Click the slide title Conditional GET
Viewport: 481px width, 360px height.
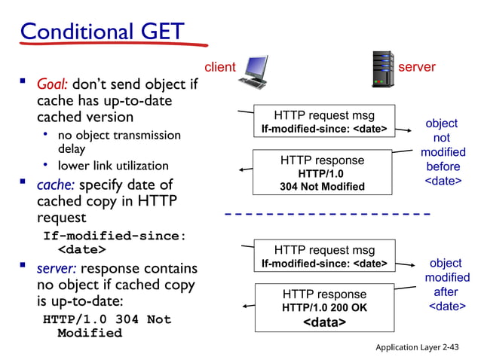102,32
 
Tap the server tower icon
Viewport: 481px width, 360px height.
383,69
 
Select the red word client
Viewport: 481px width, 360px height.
220,67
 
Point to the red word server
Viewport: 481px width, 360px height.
417,67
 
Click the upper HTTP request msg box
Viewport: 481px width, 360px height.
323,122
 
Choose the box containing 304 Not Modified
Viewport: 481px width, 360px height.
322,172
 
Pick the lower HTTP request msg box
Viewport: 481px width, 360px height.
323,256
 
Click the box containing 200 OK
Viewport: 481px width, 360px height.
324,307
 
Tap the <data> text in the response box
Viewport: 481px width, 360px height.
324,322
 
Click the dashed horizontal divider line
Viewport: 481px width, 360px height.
327,215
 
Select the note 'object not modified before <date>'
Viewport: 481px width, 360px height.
443,152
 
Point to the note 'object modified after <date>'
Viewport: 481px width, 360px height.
446,285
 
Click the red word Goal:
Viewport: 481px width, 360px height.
54,84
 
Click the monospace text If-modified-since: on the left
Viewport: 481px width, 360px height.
114,235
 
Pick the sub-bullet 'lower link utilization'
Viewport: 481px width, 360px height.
113,165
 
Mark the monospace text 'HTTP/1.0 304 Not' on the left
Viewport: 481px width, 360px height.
107,319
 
